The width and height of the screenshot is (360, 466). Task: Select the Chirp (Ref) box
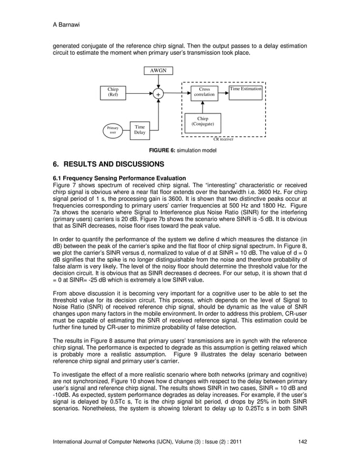[113, 93]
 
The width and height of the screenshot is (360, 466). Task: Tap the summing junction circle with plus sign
[158, 94]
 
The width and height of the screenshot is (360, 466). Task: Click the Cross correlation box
[204, 93]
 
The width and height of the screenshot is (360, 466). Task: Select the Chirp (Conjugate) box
[202, 122]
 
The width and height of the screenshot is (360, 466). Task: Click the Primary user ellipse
[113, 130]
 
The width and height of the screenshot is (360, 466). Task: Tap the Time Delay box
[139, 130]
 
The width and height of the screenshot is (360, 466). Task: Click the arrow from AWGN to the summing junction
[158, 82]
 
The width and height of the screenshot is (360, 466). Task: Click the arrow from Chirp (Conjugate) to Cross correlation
[204, 108]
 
